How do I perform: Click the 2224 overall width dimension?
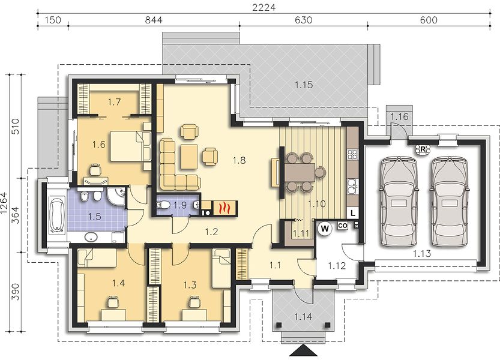click(264, 7)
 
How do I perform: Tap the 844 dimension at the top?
click(154, 20)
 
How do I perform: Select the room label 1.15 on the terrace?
click(304, 85)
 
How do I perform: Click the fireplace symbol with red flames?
click(225, 209)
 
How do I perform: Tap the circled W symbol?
click(325, 229)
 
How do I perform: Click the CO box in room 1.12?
click(343, 226)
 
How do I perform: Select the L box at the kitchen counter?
click(353, 213)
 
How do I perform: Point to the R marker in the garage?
click(423, 149)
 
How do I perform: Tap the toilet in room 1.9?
click(163, 205)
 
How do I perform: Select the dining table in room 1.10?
click(300, 173)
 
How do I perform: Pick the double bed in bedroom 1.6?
click(130, 146)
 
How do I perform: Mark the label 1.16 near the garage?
click(399, 117)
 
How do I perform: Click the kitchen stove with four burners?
click(352, 154)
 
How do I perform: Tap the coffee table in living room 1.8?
click(189, 157)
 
